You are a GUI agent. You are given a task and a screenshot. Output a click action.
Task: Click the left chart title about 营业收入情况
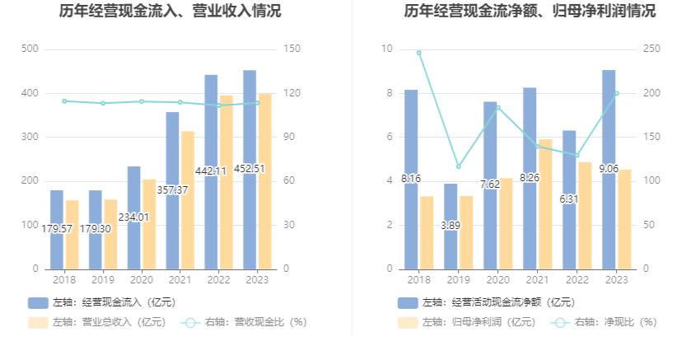[x=170, y=12]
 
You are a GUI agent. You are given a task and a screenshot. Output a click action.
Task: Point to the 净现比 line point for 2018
[x=419, y=53]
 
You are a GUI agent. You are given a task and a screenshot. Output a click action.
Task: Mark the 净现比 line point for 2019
[x=459, y=166]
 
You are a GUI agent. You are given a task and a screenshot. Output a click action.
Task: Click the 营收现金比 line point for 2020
[x=142, y=101]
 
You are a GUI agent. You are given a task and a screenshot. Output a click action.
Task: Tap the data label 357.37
[x=173, y=189]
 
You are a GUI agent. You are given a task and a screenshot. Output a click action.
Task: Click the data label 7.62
[x=490, y=184]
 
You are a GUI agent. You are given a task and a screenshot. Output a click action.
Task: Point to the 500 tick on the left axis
[x=30, y=49]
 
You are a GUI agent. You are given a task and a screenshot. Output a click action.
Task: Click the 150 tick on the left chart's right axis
[x=291, y=49]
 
